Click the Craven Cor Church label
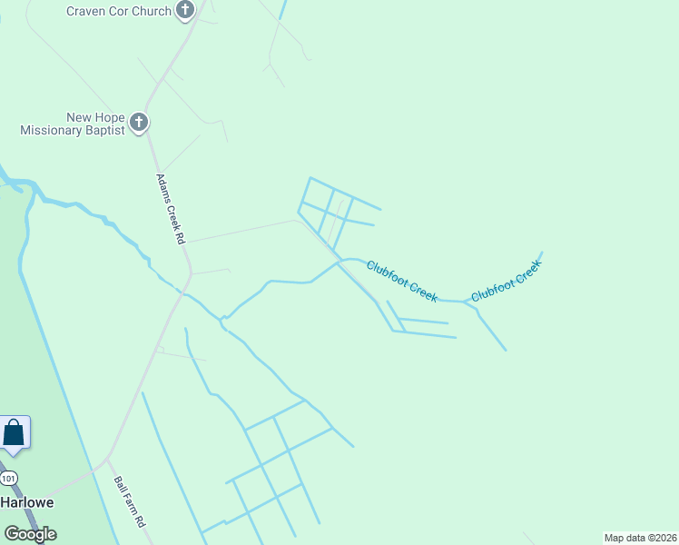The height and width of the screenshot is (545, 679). coord(119,11)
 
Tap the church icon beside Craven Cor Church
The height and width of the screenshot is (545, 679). coord(185,11)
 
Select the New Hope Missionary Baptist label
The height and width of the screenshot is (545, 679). coord(74,124)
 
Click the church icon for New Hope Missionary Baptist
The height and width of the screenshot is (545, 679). coord(138,123)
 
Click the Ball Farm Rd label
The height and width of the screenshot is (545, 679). coord(130,503)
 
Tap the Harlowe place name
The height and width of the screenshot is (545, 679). coord(26,502)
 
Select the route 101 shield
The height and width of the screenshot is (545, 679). coord(8,478)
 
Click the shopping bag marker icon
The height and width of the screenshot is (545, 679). coord(15,432)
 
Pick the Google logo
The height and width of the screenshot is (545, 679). coord(30,534)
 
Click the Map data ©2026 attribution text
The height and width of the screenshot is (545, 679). coord(641,538)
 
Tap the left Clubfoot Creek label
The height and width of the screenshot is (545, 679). coord(402,281)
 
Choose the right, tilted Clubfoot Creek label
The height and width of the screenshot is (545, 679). coord(506,281)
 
